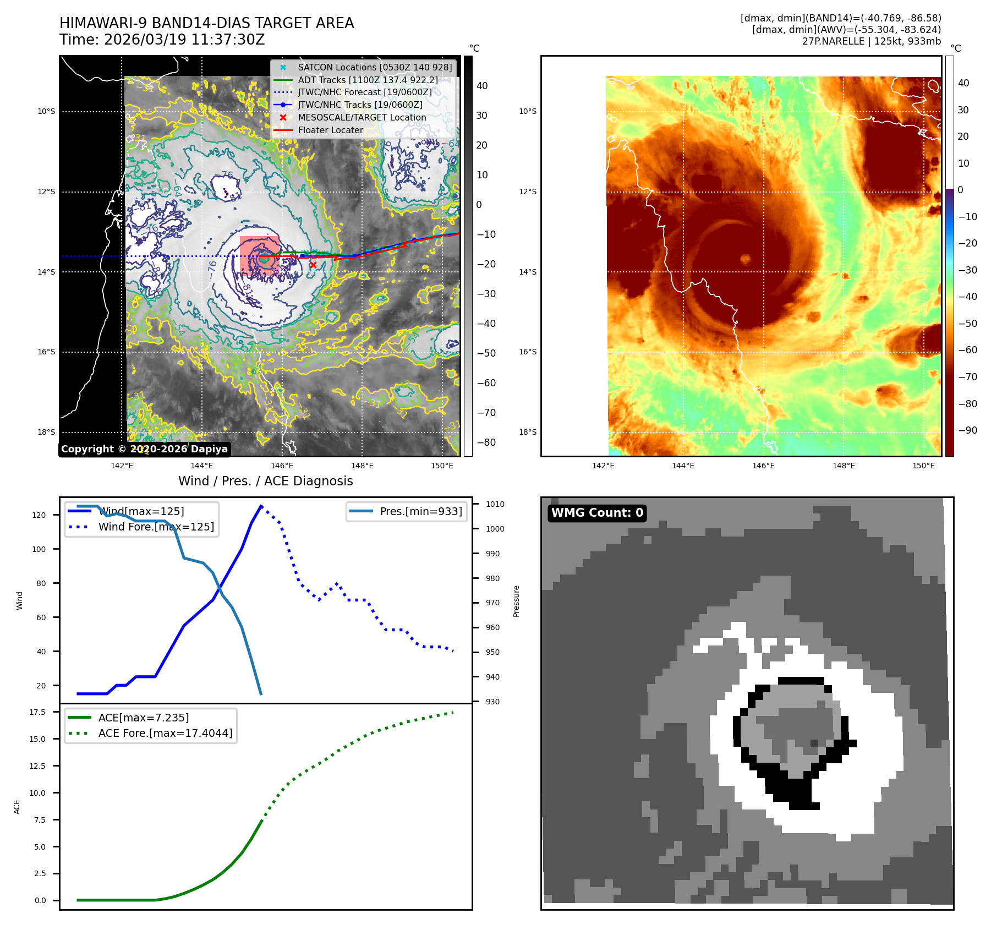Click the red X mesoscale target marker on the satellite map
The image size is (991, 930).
pos(313,265)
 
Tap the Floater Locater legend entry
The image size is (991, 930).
pos(330,130)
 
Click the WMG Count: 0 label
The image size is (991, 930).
pos(597,513)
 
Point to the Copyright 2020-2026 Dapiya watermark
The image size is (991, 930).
pos(144,449)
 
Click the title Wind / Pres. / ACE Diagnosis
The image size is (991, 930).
pos(265,481)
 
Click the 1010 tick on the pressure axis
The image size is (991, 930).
pos(495,504)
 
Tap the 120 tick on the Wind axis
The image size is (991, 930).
pos(39,515)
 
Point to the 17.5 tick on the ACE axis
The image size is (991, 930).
pos(37,712)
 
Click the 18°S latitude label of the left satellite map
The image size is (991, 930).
pos(46,432)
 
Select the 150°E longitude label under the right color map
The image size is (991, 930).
pos(923,466)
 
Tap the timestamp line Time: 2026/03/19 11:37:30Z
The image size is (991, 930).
pos(162,40)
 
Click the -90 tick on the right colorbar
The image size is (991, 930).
pos(967,430)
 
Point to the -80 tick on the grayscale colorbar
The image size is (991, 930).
pos(486,442)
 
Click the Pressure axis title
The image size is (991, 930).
pos(516,601)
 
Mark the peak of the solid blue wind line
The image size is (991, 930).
pos(261,506)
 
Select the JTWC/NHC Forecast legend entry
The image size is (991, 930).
pos(364,92)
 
